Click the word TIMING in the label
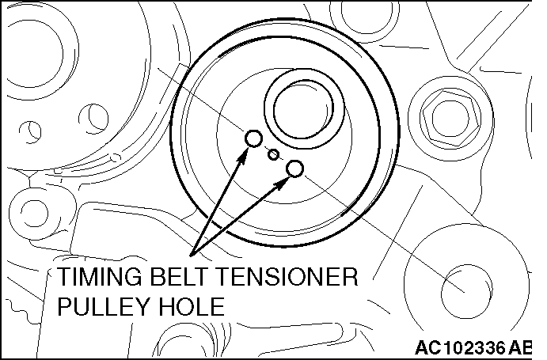tap(100, 277)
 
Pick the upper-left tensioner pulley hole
tap(253, 138)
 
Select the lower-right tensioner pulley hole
tap(294, 169)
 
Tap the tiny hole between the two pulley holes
tap(274, 154)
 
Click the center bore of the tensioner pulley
tap(303, 109)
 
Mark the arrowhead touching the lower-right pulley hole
tap(283, 183)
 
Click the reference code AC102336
tap(460, 347)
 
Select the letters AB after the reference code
tap(520, 347)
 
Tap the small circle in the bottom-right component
tap(467, 291)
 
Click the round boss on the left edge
tap(34, 213)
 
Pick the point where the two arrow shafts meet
tap(191, 256)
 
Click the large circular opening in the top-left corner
tap(35, 52)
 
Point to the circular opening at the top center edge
tap(366, 17)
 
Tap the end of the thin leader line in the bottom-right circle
tap(465, 292)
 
